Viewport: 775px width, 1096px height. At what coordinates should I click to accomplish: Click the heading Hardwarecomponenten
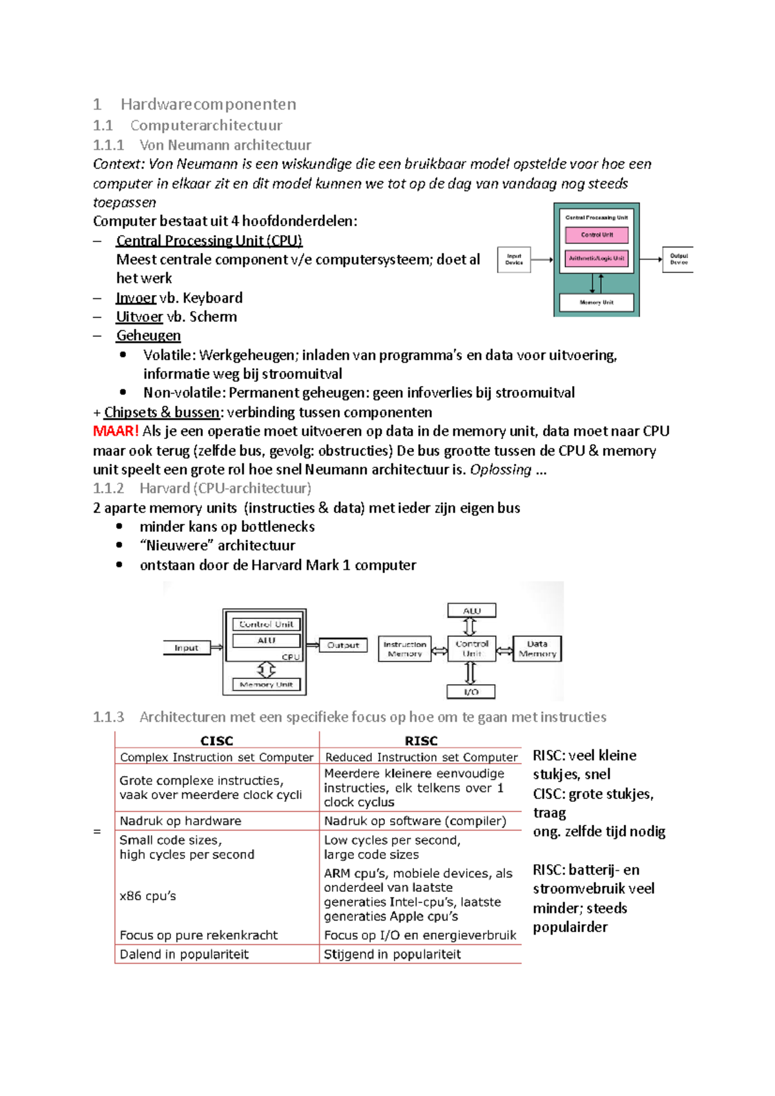[208, 105]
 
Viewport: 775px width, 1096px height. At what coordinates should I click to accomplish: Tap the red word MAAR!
[116, 431]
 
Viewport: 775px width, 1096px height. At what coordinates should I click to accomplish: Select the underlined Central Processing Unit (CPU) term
[209, 241]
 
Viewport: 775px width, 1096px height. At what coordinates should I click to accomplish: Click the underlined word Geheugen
[149, 336]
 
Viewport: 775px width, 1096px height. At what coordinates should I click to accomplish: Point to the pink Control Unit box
[597, 235]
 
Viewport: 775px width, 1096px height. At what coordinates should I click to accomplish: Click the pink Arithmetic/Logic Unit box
[597, 258]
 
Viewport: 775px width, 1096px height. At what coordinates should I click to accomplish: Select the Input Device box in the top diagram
[514, 259]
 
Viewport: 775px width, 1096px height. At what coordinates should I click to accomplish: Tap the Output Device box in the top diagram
[678, 259]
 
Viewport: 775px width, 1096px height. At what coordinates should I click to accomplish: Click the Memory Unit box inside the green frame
[597, 302]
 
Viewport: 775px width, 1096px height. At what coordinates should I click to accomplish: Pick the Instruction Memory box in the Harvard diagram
[404, 649]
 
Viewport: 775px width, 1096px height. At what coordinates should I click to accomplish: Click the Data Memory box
[537, 649]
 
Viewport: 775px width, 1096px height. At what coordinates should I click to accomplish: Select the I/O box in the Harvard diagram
[471, 692]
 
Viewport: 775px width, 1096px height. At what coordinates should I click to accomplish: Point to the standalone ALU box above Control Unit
[471, 611]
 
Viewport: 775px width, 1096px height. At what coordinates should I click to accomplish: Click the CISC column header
[217, 741]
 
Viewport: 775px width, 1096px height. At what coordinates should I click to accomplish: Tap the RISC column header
[421, 741]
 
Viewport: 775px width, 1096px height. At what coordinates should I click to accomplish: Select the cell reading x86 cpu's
[148, 896]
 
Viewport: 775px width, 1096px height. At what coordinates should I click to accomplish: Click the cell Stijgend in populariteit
[392, 955]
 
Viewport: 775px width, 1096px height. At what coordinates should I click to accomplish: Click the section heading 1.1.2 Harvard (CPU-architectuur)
[202, 489]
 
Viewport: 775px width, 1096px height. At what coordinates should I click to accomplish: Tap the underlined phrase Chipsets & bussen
[162, 412]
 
